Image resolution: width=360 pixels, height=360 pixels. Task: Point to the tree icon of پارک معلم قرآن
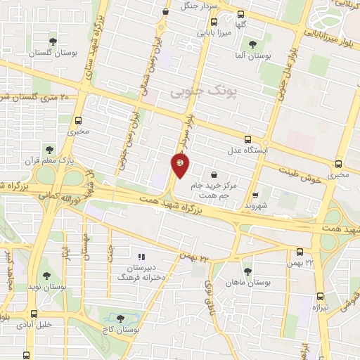pyautogui.click(x=49, y=149)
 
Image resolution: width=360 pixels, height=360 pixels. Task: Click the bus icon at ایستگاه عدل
pyautogui.click(x=246, y=139)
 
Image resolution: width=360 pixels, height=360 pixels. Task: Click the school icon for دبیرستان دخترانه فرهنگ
pyautogui.click(x=141, y=257)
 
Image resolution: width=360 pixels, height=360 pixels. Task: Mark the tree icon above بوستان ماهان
pyautogui.click(x=247, y=270)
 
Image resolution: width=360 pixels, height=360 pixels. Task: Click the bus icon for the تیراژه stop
pyautogui.click(x=321, y=297)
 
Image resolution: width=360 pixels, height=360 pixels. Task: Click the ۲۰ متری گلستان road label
pyautogui.click(x=32, y=98)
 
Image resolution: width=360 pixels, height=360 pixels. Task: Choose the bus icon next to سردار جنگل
pyautogui.click(x=165, y=11)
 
